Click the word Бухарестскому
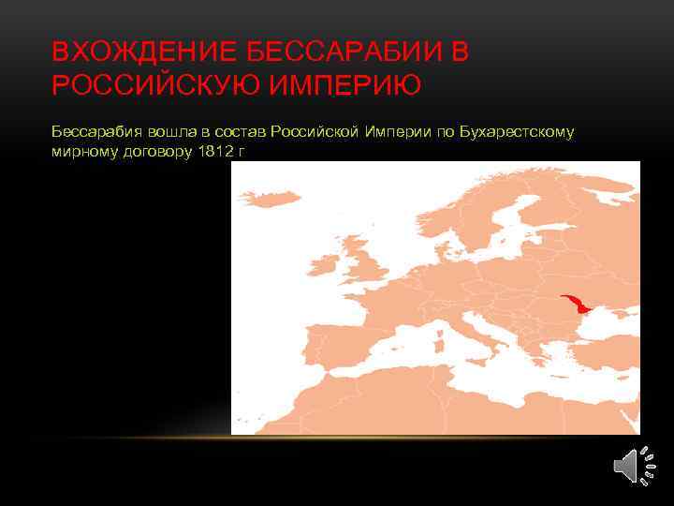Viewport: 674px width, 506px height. pyautogui.click(x=516, y=132)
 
